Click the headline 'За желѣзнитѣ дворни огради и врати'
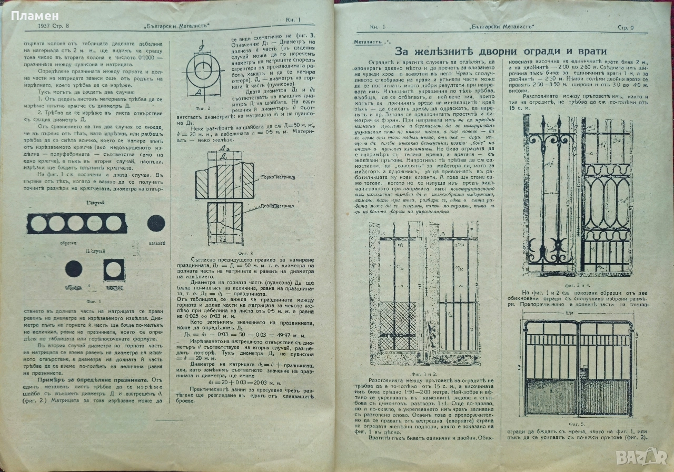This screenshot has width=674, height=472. [501, 51]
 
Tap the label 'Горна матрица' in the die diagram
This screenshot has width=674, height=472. [272, 178]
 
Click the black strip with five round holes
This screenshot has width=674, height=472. [77, 224]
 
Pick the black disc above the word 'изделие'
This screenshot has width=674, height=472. [156, 223]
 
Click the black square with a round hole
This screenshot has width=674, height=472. [114, 269]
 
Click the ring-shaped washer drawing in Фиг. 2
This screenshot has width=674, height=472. [203, 71]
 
